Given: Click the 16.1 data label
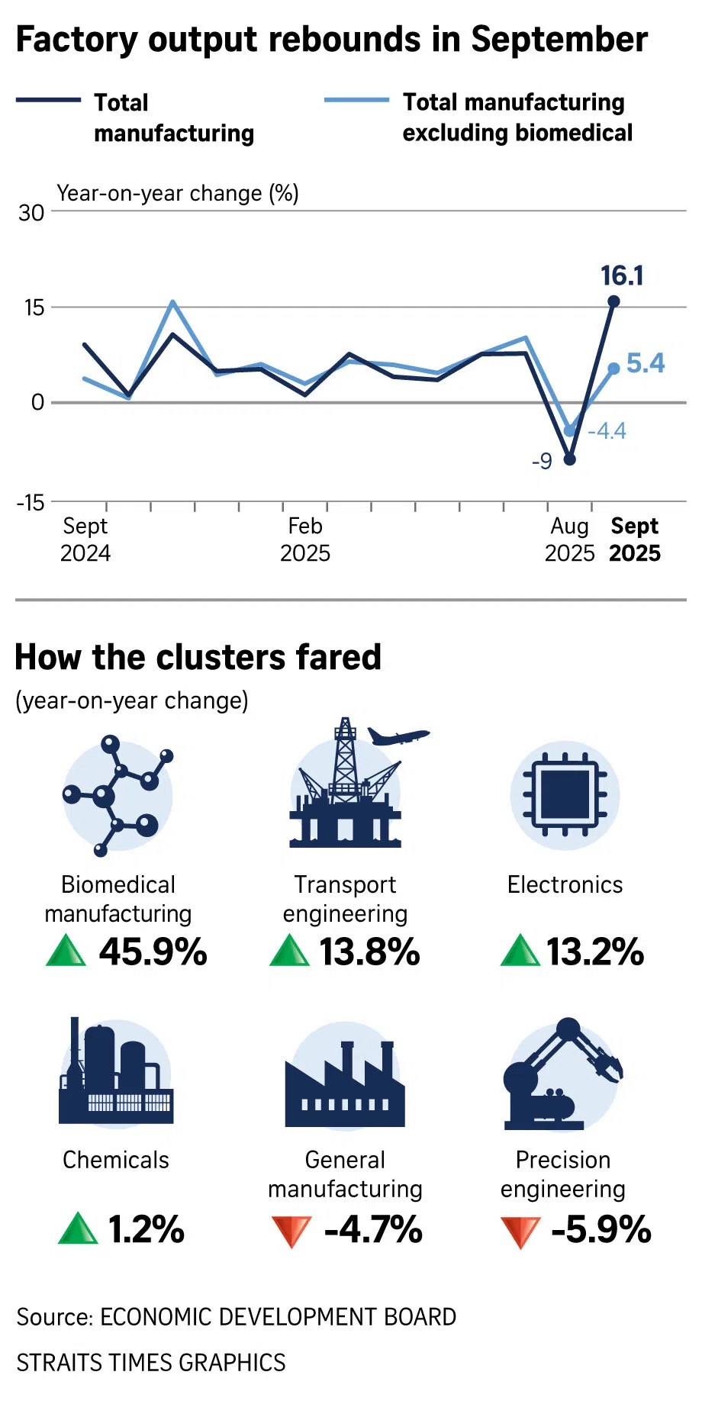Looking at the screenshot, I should point(622,275).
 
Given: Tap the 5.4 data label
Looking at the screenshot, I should point(646,363).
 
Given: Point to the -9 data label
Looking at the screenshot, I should point(542,462).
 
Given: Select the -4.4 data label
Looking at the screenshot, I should point(607,431).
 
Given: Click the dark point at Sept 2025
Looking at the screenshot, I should point(613,301).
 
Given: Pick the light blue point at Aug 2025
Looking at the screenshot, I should point(569,431).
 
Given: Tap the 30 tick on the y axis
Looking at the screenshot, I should point(31,213).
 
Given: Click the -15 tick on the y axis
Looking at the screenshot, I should point(31,502).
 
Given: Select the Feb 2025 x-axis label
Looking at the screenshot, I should point(305,539).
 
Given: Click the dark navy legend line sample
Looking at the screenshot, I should point(48,101).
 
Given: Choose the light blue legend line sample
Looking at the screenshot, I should point(356,101).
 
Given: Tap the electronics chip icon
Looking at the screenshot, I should point(565,795).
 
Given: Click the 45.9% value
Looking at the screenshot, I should point(153,952).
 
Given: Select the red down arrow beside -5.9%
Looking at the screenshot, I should point(520,1231).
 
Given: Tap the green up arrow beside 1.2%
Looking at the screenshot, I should point(78,1228).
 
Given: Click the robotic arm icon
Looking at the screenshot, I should point(562,1074).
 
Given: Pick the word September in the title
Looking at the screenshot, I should point(559,40).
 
